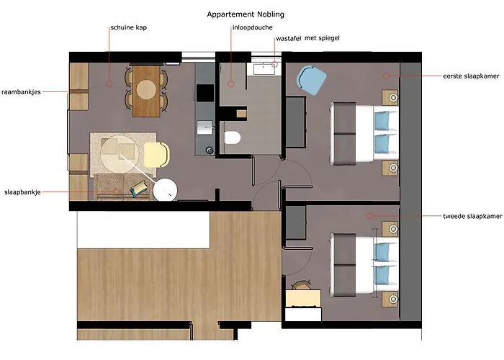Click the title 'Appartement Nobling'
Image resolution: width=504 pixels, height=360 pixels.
click(246, 14)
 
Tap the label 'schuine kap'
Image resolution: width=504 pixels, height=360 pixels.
click(129, 27)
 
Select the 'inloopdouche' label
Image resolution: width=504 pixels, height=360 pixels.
click(252, 27)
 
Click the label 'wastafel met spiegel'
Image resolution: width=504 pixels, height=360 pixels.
click(307, 38)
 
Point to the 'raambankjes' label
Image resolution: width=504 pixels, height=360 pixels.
click(21, 92)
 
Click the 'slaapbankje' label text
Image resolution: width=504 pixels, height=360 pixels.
click(22, 192)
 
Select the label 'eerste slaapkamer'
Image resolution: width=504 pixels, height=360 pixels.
click(471, 76)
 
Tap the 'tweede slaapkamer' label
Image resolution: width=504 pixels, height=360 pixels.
click(472, 216)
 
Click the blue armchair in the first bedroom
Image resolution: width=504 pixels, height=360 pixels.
click(311, 80)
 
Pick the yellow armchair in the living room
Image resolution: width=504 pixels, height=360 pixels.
click(156, 155)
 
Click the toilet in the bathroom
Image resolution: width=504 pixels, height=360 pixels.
click(233, 138)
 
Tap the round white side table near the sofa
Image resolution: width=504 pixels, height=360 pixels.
click(165, 190)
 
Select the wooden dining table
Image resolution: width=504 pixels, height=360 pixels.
click(147, 91)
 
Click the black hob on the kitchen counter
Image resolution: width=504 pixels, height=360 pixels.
click(205, 93)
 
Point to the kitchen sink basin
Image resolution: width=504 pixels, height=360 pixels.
click(204, 127)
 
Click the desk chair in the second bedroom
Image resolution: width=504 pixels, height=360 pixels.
click(302, 285)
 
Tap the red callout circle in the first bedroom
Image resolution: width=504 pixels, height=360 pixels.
click(387, 76)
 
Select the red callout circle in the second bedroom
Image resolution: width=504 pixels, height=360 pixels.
click(369, 216)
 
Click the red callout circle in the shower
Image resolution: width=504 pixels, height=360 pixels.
click(231, 84)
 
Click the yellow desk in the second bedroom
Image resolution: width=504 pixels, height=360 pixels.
click(303, 298)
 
